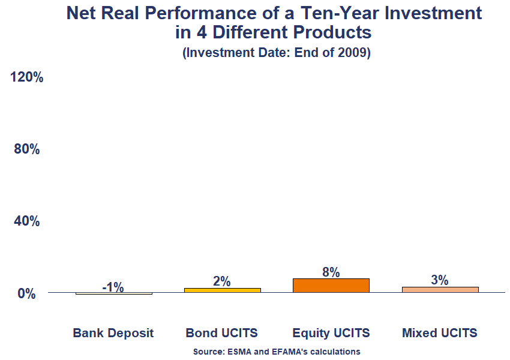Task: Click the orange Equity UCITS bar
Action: pyautogui.click(x=331, y=286)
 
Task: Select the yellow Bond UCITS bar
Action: pyautogui.click(x=222, y=290)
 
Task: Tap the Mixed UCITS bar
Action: pyautogui.click(x=440, y=290)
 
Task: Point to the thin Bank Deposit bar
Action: pyautogui.click(x=113, y=294)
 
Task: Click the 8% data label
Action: pyautogui.click(x=331, y=272)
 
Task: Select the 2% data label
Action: pyautogui.click(x=222, y=281)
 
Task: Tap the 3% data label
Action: pyautogui.click(x=440, y=280)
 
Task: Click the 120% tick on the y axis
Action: pyautogui.click(x=26, y=77)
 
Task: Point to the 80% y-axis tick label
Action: pyautogui.click(x=26, y=149)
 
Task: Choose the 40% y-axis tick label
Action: pyautogui.click(x=26, y=221)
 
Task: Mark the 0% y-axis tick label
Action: pyautogui.click(x=26, y=294)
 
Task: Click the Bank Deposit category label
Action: pyautogui.click(x=113, y=333)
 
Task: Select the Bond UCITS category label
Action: pyautogui.click(x=221, y=333)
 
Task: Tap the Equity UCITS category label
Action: pyautogui.click(x=331, y=333)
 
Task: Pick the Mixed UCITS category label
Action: pyautogui.click(x=440, y=333)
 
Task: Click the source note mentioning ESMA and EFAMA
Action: pyautogui.click(x=277, y=352)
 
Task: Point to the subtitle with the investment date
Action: pyautogui.click(x=276, y=53)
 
